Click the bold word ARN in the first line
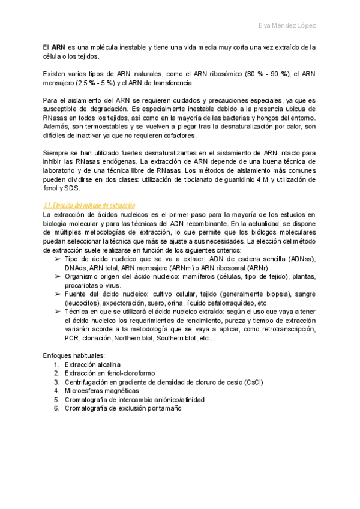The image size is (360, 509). tap(58, 47)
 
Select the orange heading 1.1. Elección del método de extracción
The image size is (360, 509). tap(89, 205)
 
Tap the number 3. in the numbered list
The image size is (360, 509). tap(56, 382)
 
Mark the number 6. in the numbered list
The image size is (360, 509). tap(56, 408)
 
